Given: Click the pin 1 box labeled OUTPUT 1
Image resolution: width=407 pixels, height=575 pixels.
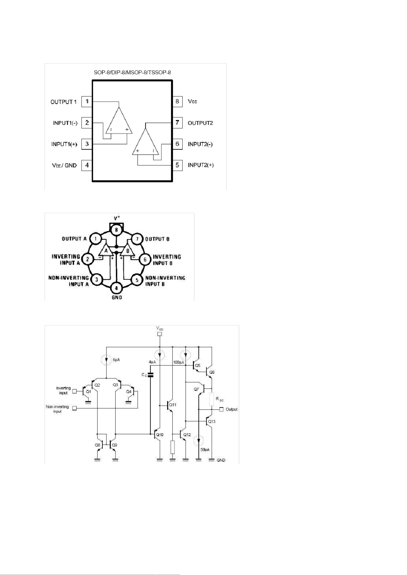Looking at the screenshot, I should click(87, 102).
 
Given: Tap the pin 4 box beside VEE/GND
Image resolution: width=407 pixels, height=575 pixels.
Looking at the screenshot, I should click(87, 165).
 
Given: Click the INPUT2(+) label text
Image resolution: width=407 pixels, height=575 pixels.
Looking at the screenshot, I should click(201, 165).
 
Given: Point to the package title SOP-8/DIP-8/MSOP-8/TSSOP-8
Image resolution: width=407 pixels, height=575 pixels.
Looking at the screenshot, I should click(132, 73).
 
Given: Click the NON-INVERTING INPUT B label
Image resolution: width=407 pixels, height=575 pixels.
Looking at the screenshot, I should click(165, 281).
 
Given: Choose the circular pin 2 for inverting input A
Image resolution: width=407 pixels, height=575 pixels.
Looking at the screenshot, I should click(88, 259).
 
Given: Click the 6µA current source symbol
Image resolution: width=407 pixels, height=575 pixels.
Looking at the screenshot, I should click(106, 360).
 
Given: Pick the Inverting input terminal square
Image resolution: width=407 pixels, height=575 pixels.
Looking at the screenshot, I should click(74, 391).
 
